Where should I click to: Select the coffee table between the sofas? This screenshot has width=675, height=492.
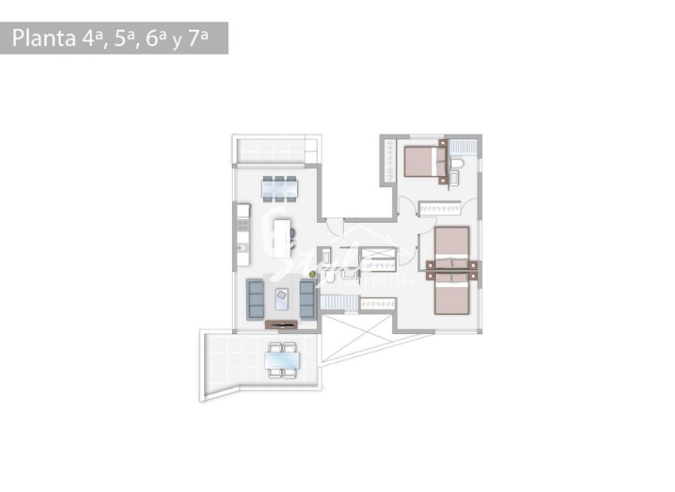(x=282, y=298)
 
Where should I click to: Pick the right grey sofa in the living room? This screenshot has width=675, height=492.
(x=307, y=298)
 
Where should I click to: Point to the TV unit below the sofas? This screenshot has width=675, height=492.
(x=281, y=323)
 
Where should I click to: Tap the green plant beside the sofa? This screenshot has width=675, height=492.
(x=313, y=275)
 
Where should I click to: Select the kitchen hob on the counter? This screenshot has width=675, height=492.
(x=242, y=225)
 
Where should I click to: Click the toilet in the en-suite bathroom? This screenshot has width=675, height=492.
(x=457, y=164)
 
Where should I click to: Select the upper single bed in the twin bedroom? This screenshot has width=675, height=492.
(x=453, y=247)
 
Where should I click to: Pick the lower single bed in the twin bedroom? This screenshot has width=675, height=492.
(x=453, y=294)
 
